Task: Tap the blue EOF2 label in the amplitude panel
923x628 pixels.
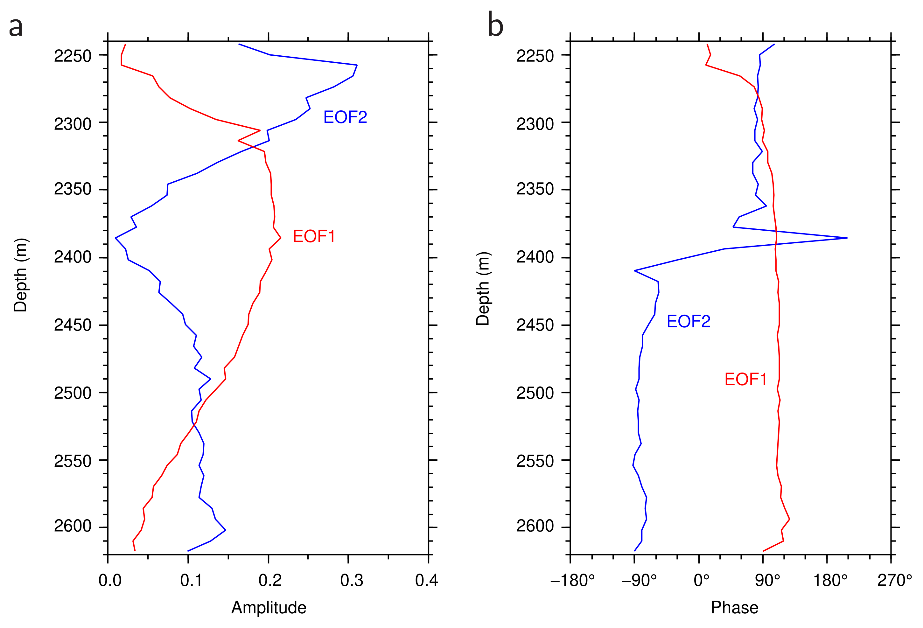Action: point(345,117)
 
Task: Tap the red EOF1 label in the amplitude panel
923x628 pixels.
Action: point(314,236)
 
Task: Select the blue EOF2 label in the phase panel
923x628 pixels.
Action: point(688,321)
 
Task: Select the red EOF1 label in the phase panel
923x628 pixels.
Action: point(745,379)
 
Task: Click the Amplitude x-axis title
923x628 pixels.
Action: point(269,607)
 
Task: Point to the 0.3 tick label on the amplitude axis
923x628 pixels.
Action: point(351,580)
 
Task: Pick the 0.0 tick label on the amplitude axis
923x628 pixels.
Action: point(110,580)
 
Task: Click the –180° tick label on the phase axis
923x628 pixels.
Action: point(572,580)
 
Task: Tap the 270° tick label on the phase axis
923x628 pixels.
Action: point(894,580)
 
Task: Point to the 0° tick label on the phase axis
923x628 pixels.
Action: point(701,580)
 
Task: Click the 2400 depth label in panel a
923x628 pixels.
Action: point(73,257)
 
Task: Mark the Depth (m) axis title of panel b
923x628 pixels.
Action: point(483,289)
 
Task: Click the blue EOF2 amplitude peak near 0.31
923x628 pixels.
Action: point(357,65)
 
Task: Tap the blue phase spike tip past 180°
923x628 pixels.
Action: point(847,238)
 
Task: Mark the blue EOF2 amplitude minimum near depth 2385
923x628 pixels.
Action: point(115,238)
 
